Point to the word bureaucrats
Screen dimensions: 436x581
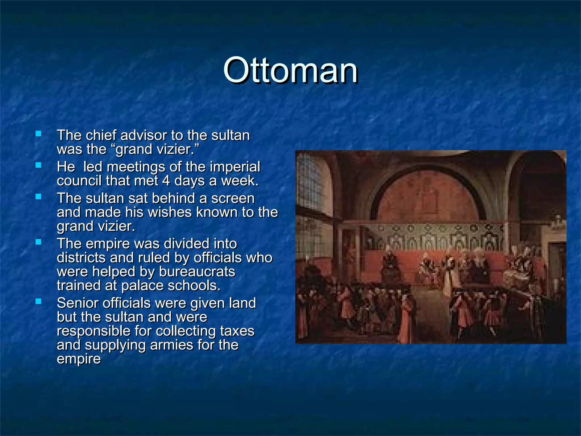[197, 272]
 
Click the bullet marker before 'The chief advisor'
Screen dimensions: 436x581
[38, 133]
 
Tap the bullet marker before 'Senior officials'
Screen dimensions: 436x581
[38, 301]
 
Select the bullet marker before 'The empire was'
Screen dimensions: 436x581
[38, 242]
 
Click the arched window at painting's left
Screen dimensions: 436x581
[310, 182]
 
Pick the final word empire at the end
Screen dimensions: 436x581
[79, 359]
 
